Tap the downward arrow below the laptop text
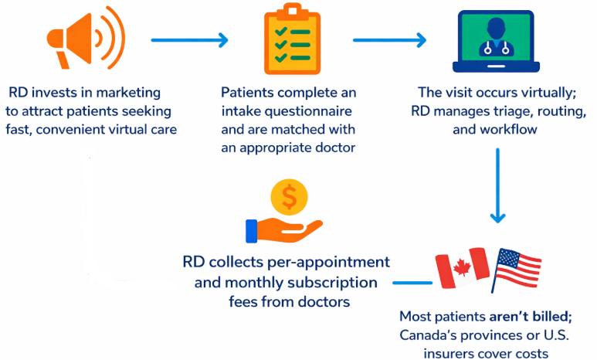click(498, 185)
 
